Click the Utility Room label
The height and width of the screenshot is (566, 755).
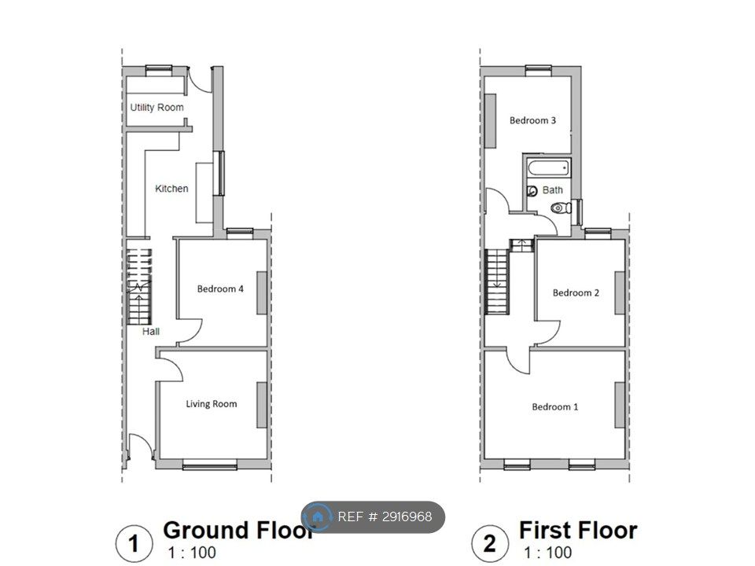157,108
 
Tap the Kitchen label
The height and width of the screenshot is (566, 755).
171,188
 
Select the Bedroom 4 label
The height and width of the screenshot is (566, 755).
220,289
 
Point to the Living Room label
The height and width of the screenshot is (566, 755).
212,404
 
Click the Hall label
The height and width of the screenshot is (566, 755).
151,331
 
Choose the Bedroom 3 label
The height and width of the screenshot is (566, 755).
532,120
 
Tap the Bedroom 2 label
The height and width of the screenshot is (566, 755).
576,292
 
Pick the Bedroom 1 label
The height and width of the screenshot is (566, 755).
554,406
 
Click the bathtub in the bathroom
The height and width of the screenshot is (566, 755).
548,168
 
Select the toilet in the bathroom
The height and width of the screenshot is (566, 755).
561,208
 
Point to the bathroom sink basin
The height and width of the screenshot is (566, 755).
532,191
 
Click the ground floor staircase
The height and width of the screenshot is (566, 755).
139,287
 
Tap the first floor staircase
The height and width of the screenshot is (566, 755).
497,281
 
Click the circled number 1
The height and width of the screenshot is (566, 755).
134,543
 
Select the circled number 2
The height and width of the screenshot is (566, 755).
490,543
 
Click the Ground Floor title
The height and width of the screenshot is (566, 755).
238,530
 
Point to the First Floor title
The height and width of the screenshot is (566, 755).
578,530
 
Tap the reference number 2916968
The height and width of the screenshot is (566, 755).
407,517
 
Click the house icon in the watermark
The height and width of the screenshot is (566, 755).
317,517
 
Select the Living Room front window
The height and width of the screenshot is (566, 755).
209,465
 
